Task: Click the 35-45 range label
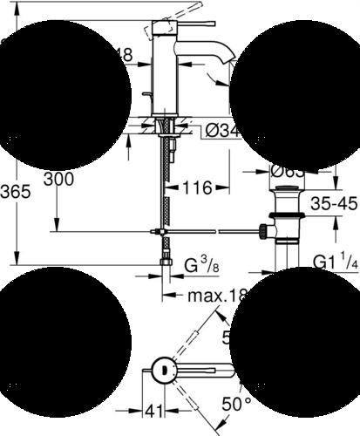(333, 206)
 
